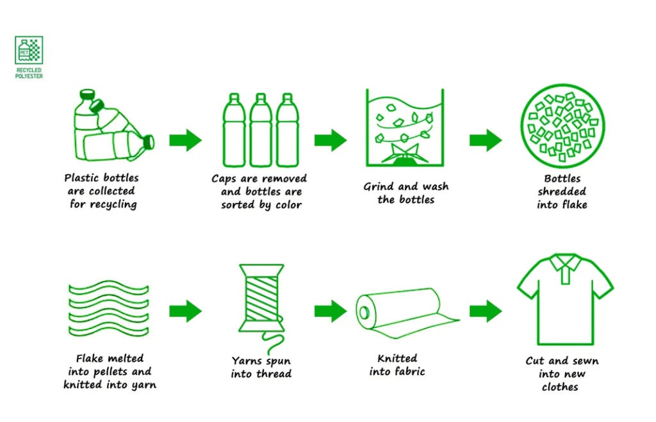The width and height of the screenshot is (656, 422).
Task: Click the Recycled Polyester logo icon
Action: (x=29, y=50)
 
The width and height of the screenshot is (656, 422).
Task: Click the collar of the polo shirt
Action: (x=564, y=264)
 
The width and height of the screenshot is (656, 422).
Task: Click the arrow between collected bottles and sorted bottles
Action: (x=185, y=140)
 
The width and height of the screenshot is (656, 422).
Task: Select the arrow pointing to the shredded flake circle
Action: (x=486, y=140)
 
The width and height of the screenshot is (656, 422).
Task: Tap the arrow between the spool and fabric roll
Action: (x=330, y=311)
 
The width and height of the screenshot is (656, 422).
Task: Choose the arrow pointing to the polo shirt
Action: (x=486, y=311)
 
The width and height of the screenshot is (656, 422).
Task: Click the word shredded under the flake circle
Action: (x=562, y=191)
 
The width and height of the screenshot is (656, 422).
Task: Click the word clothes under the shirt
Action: (x=560, y=387)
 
